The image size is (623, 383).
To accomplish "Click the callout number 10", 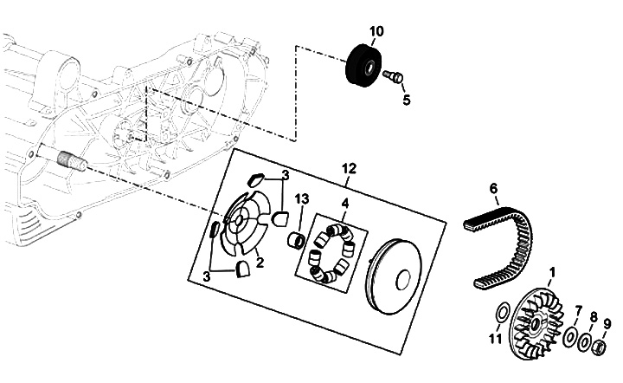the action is click(x=376, y=31).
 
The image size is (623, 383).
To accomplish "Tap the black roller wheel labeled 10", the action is click(x=364, y=63).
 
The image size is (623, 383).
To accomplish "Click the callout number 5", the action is click(x=406, y=100).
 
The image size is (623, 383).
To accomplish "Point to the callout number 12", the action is click(x=350, y=169).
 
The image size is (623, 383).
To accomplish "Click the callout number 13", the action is click(x=302, y=198).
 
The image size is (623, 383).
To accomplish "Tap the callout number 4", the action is click(x=345, y=204).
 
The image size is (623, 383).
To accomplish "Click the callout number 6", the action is click(x=493, y=188).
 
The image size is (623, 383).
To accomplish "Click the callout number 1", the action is click(x=551, y=272).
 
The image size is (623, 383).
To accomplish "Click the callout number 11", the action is click(x=496, y=340).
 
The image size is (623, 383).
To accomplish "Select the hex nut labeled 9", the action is click(x=600, y=348).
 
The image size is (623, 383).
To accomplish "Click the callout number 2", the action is click(x=260, y=263).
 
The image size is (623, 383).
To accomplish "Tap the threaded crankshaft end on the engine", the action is click(x=72, y=161).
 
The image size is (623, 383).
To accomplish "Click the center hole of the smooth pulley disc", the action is click(x=404, y=279).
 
